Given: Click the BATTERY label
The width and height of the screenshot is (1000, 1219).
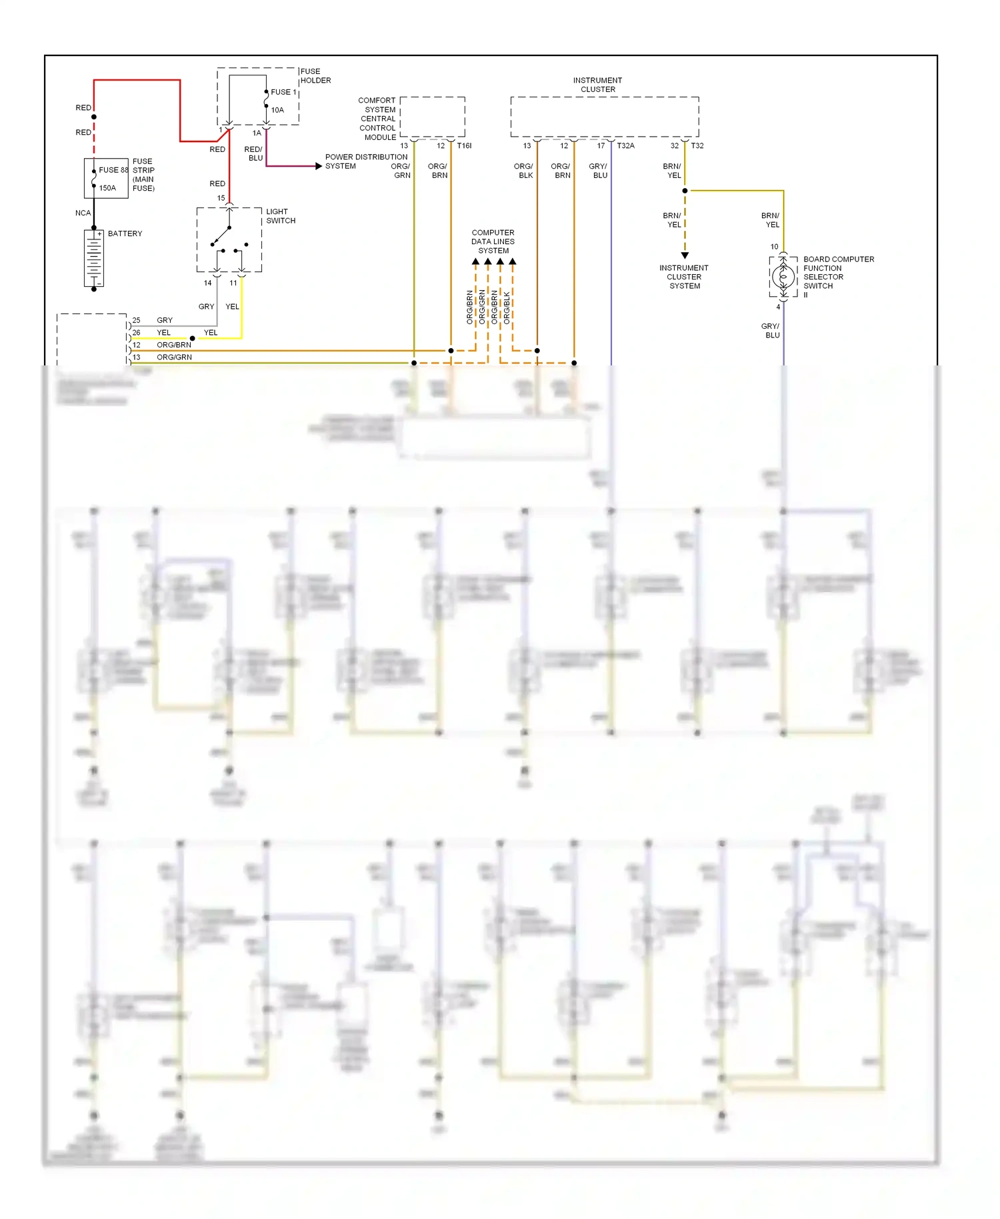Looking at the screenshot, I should [125, 234].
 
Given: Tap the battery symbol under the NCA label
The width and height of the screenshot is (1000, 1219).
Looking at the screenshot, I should [94, 259].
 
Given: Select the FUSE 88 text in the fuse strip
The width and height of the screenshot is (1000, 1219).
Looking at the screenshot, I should [113, 170].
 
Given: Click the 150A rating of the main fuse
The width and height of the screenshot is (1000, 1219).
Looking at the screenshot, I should [107, 188].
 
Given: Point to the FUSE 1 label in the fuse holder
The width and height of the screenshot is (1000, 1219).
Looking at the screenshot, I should [283, 92].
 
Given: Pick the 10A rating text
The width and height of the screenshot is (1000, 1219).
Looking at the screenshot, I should [277, 110].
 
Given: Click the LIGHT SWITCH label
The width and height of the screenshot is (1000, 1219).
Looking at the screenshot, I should [281, 216].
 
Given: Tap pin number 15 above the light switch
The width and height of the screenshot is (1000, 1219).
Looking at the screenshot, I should [221, 198].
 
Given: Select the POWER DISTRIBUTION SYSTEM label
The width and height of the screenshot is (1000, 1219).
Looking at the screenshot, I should [366, 161].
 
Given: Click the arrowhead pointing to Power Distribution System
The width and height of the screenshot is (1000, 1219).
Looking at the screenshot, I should [319, 166].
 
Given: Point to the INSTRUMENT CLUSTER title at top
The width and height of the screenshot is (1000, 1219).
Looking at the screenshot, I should [597, 85].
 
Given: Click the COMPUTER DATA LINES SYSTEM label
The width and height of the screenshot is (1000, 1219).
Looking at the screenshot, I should [493, 241].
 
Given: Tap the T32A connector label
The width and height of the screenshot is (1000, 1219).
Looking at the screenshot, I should [625, 145].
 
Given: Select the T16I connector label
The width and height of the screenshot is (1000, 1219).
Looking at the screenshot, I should [464, 145].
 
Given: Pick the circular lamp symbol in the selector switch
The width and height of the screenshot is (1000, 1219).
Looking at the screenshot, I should [783, 276].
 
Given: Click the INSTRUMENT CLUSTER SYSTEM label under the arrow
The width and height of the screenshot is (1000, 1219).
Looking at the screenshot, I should [685, 277].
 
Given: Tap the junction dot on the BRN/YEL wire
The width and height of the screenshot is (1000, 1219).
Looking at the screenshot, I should [685, 191].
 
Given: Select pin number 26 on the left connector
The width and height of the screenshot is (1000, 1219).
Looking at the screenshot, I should [136, 332].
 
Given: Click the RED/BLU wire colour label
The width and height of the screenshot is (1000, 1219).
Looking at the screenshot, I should [254, 153].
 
